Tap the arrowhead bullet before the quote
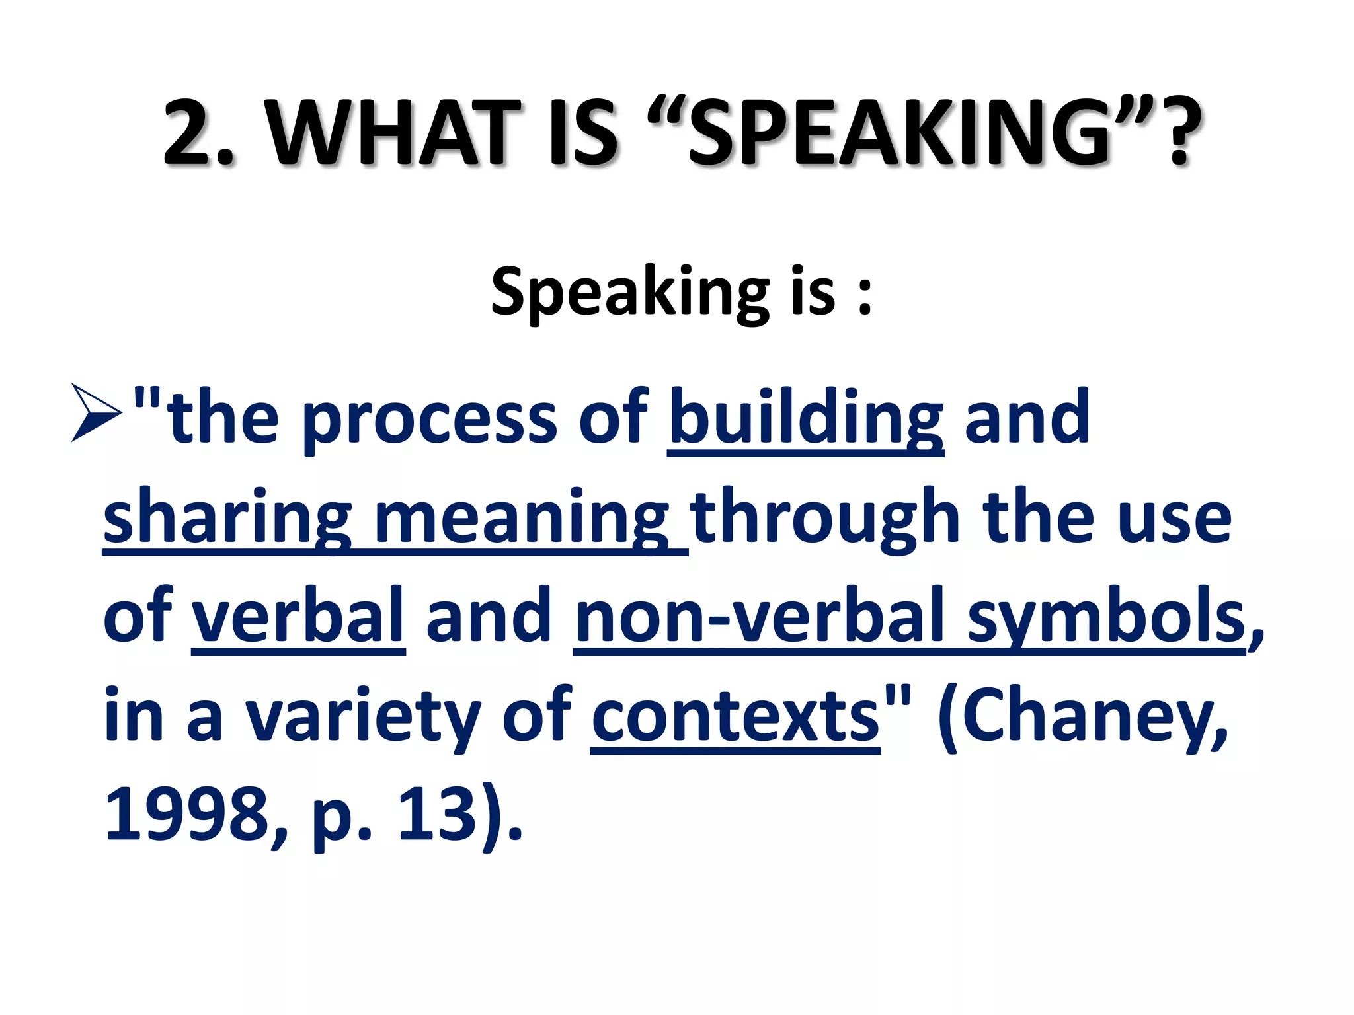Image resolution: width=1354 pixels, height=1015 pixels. pos(97,414)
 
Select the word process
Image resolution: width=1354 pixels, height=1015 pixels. pos(430,420)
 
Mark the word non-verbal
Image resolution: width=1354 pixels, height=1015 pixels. pos(760,617)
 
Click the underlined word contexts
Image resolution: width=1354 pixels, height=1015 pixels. pos(735,717)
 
